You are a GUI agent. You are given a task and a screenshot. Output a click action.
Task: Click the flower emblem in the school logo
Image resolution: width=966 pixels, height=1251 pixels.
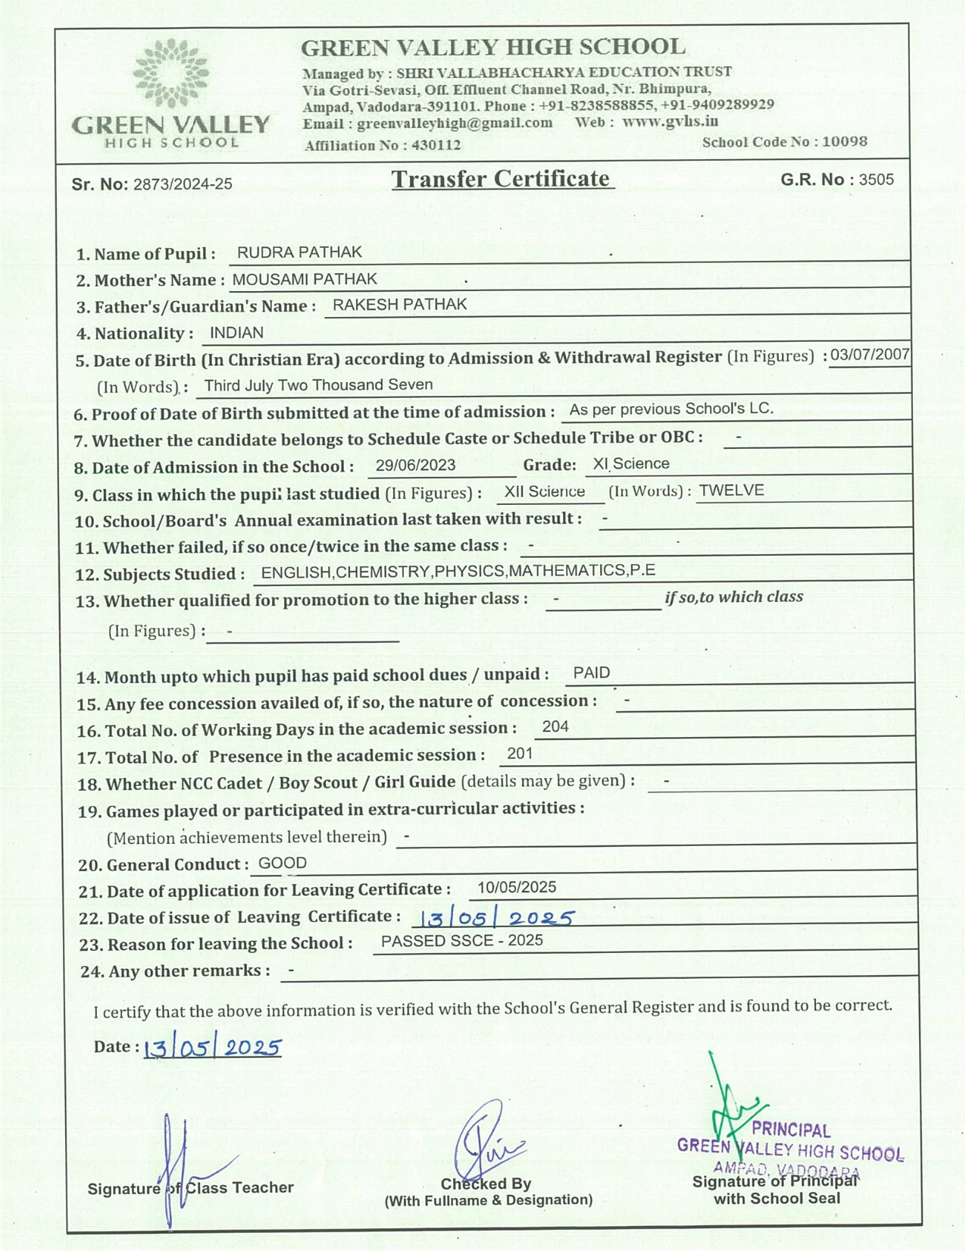(170, 74)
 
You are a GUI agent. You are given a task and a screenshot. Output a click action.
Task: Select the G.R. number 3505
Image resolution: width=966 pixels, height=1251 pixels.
(876, 180)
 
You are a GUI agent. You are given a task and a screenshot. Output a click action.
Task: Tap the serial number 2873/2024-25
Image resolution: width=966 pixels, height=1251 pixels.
(183, 184)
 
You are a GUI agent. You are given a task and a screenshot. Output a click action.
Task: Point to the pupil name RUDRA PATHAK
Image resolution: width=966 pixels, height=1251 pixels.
(299, 252)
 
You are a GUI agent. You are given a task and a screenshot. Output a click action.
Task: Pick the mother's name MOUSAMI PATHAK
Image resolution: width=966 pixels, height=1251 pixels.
(305, 279)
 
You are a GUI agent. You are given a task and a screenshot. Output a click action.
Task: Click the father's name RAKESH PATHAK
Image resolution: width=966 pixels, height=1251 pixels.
(400, 305)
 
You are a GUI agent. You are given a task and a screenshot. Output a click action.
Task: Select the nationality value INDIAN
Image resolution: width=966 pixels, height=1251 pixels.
(236, 333)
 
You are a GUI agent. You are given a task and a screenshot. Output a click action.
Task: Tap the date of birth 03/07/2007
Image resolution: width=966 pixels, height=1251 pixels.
(869, 355)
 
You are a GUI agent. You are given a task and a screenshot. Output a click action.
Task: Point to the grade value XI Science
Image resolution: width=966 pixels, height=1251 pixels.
(631, 464)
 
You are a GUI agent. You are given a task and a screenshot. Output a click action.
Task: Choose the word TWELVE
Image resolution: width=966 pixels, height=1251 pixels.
(731, 491)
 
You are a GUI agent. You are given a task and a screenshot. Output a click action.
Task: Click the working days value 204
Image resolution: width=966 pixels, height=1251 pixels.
(555, 726)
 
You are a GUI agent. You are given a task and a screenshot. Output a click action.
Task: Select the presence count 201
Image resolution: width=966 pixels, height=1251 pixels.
(520, 753)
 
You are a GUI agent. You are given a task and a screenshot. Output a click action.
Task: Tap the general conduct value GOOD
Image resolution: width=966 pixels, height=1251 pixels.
(283, 863)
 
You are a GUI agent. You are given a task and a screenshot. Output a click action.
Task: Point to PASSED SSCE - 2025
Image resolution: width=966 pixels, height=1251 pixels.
(462, 941)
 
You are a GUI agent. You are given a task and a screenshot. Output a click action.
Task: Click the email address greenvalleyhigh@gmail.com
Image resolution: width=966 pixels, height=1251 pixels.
(455, 123)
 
